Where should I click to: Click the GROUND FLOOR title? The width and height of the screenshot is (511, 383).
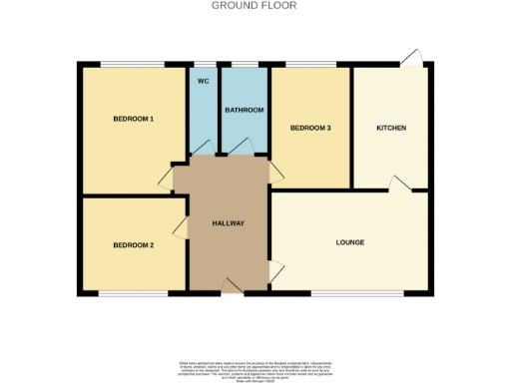(254, 5)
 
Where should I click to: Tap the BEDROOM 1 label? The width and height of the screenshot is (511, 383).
(133, 119)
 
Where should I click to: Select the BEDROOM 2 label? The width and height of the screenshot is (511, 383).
(133, 245)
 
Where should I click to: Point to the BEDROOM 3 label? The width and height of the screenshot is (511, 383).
(310, 129)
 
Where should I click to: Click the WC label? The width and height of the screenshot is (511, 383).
(203, 80)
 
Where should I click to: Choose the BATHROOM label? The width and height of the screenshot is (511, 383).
(245, 110)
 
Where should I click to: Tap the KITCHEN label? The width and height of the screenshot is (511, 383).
(390, 129)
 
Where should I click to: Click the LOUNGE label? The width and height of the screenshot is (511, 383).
(349, 242)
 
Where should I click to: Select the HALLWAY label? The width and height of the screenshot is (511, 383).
(229, 222)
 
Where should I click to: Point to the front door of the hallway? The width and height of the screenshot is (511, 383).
(232, 286)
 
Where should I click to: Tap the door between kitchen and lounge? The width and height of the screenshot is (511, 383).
(399, 184)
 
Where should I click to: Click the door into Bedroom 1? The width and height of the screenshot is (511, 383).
(166, 179)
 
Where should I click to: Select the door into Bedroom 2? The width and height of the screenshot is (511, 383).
(180, 229)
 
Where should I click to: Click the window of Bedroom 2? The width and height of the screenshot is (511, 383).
(133, 293)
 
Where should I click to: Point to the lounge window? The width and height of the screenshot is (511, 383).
(357, 293)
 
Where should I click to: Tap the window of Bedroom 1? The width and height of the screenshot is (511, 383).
(133, 66)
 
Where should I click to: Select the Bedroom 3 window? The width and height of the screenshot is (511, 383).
(310, 66)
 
